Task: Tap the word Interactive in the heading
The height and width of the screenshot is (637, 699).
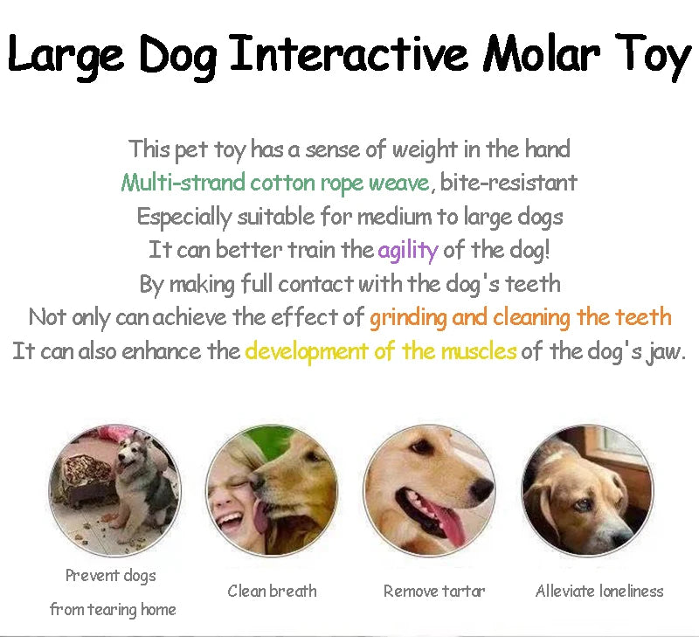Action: coord(354,54)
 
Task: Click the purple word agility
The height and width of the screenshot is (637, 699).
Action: coord(407,250)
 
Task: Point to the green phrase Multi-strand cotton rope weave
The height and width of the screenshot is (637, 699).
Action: coord(275,183)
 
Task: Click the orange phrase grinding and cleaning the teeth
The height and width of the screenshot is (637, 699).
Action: coord(520,317)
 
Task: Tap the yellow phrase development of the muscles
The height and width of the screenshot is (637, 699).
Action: coord(381,351)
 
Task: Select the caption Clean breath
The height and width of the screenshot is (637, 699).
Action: coord(272,592)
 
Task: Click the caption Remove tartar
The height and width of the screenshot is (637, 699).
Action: coord(434,592)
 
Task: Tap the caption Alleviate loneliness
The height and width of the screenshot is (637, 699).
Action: coord(599,592)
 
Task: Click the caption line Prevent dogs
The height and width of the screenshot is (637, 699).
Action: coord(111,575)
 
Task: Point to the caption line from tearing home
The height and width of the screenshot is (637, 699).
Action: coord(113,609)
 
